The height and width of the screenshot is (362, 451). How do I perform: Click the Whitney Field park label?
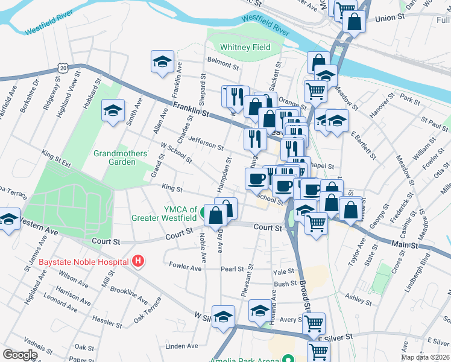(245, 47)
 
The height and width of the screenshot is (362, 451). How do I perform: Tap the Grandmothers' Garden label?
(121, 157)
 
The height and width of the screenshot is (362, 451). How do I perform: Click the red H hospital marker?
(139, 261)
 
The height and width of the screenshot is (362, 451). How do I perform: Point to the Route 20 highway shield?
(63, 68)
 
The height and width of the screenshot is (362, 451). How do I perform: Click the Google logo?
(20, 355)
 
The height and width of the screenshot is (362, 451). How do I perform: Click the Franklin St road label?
(190, 110)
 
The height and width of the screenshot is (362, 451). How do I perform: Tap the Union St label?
(389, 19)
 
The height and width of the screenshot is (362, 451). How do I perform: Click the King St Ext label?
(57, 159)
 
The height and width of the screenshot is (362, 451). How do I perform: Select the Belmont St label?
(223, 62)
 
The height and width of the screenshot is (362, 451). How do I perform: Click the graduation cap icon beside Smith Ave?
(113, 110)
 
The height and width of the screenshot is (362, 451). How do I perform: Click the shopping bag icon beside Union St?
(355, 20)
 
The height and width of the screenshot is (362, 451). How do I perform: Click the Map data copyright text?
(425, 357)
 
